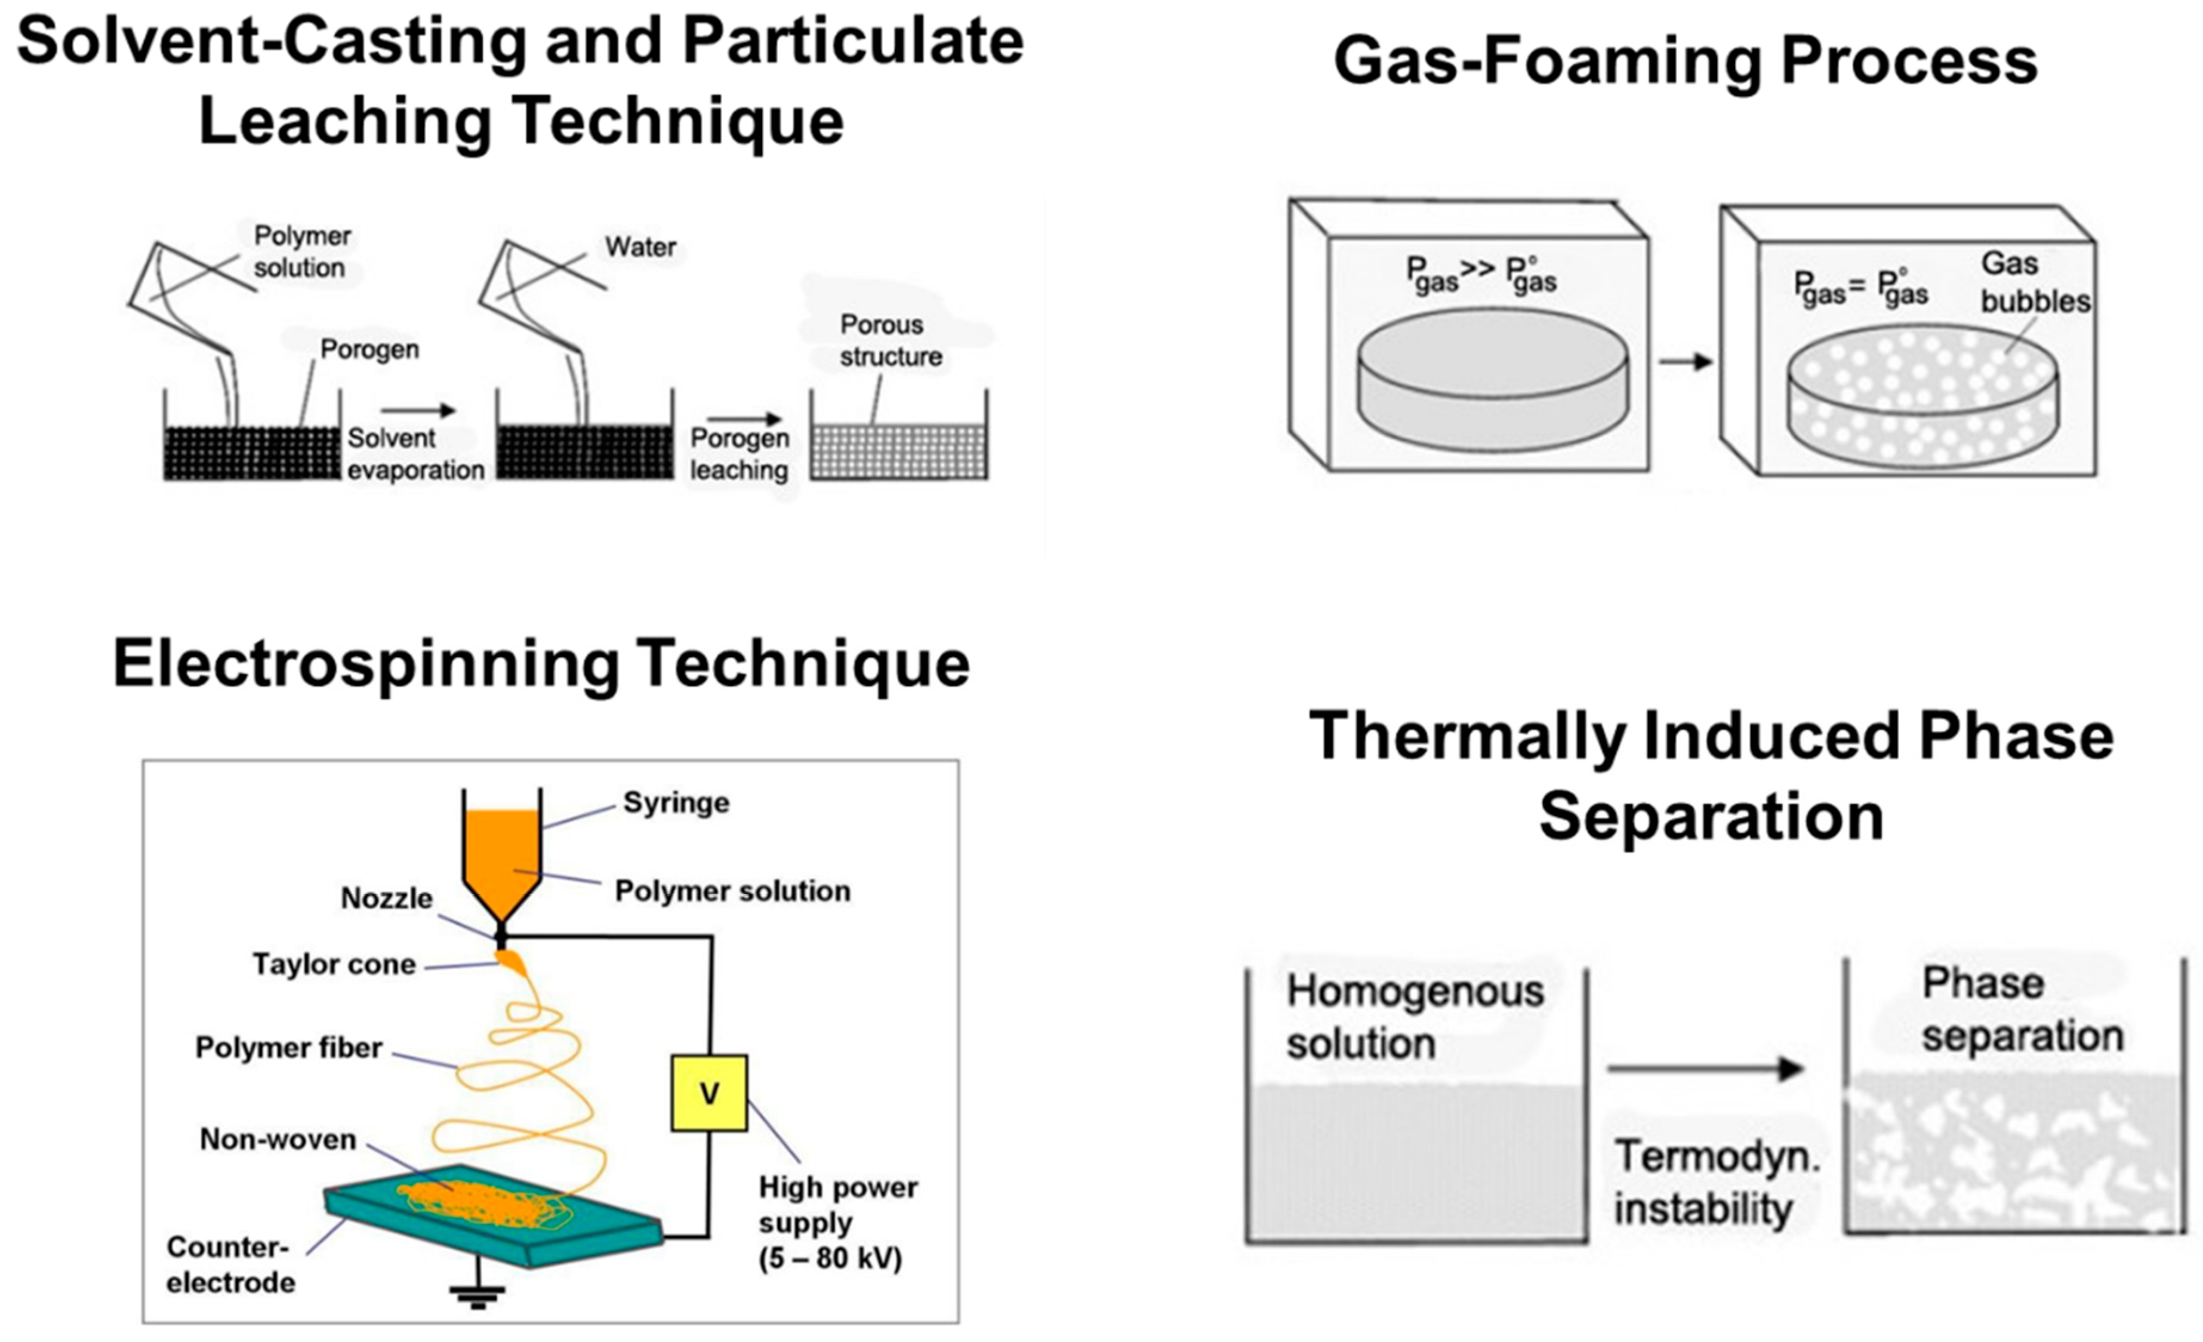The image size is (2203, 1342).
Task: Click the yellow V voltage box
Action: pyautogui.click(x=709, y=1092)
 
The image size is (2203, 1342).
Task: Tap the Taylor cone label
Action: pyautogui.click(x=334, y=964)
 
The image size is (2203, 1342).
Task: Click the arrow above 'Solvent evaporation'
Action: pyautogui.click(x=418, y=410)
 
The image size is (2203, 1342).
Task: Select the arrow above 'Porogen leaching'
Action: pyautogui.click(x=744, y=418)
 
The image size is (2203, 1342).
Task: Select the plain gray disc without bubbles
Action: pyautogui.click(x=1492, y=380)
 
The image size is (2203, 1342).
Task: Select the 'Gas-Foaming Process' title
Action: pyautogui.click(x=1684, y=61)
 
